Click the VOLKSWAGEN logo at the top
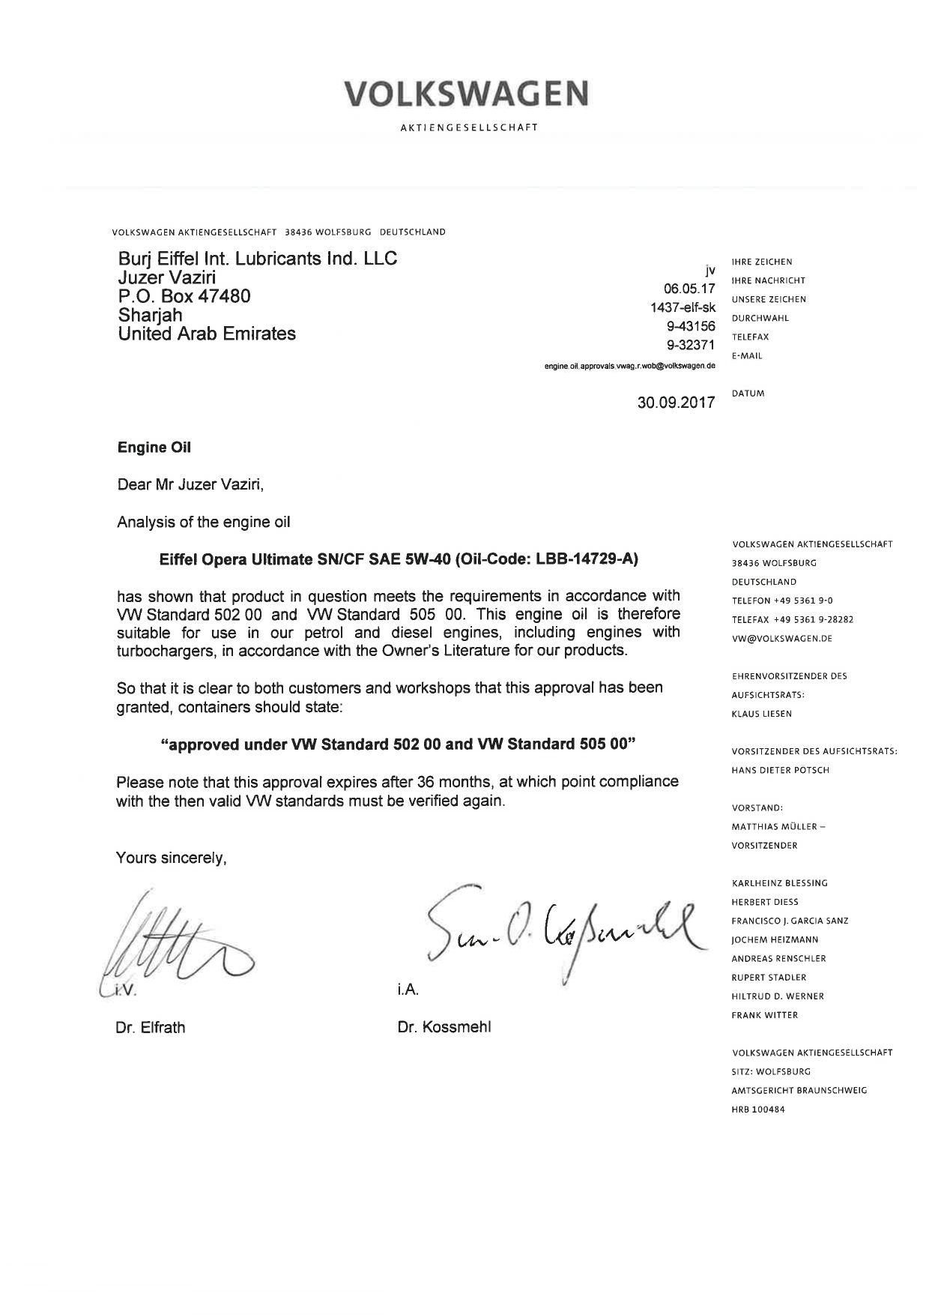pos(466,94)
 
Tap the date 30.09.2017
pos(676,402)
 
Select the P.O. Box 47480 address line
pos(184,296)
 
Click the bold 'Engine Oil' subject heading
pos(154,448)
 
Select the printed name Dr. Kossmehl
pos(444,1027)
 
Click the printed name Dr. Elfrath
pos(150,1027)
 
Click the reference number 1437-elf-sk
pos(683,307)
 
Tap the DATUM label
pos(748,394)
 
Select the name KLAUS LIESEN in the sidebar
pos(762,714)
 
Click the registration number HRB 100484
pos(758,1110)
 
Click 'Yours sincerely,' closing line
pos(171,858)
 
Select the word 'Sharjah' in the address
pos(150,315)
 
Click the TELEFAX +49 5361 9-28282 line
pos(793,620)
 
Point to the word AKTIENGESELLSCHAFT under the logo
pos(469,127)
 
